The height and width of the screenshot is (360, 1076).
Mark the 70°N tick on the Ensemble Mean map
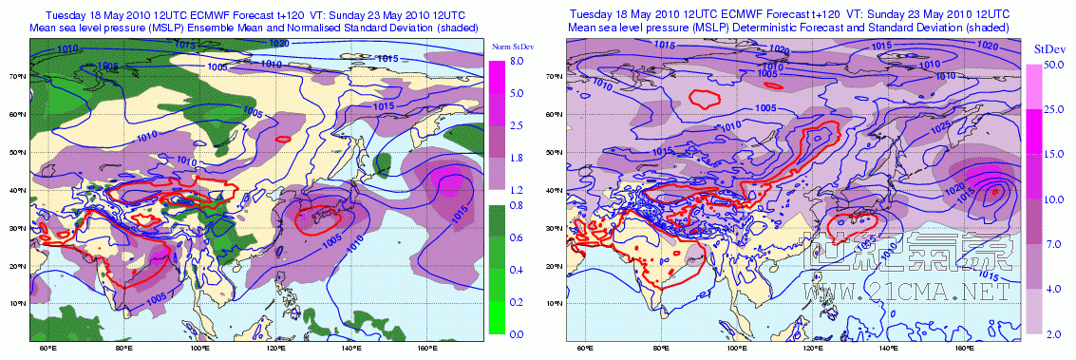point(16,75)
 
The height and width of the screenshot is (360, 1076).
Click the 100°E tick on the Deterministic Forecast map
point(738,349)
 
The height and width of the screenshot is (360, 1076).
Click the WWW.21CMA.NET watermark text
point(903,293)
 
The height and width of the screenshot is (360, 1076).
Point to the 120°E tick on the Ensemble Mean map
point(275,349)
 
